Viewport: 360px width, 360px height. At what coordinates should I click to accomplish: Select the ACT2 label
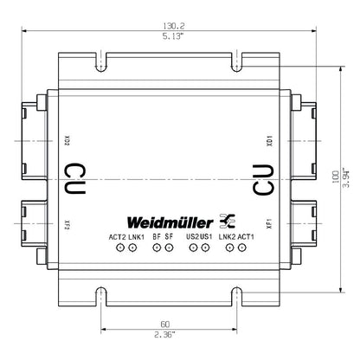tap(118, 236)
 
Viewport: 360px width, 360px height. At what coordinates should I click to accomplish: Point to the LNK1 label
tap(137, 236)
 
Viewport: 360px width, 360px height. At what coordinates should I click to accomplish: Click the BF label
tap(156, 236)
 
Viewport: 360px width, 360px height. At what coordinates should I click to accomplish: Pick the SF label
tap(170, 236)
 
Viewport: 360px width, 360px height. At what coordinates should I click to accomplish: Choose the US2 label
tap(192, 236)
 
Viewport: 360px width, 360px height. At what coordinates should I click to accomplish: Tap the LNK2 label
tap(227, 236)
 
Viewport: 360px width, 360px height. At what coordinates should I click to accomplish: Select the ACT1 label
tap(246, 236)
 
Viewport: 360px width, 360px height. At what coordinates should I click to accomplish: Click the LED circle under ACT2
tap(119, 249)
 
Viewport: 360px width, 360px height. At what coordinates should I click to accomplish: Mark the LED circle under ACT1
tap(241, 249)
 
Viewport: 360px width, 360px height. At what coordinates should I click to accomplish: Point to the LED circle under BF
tap(157, 249)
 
